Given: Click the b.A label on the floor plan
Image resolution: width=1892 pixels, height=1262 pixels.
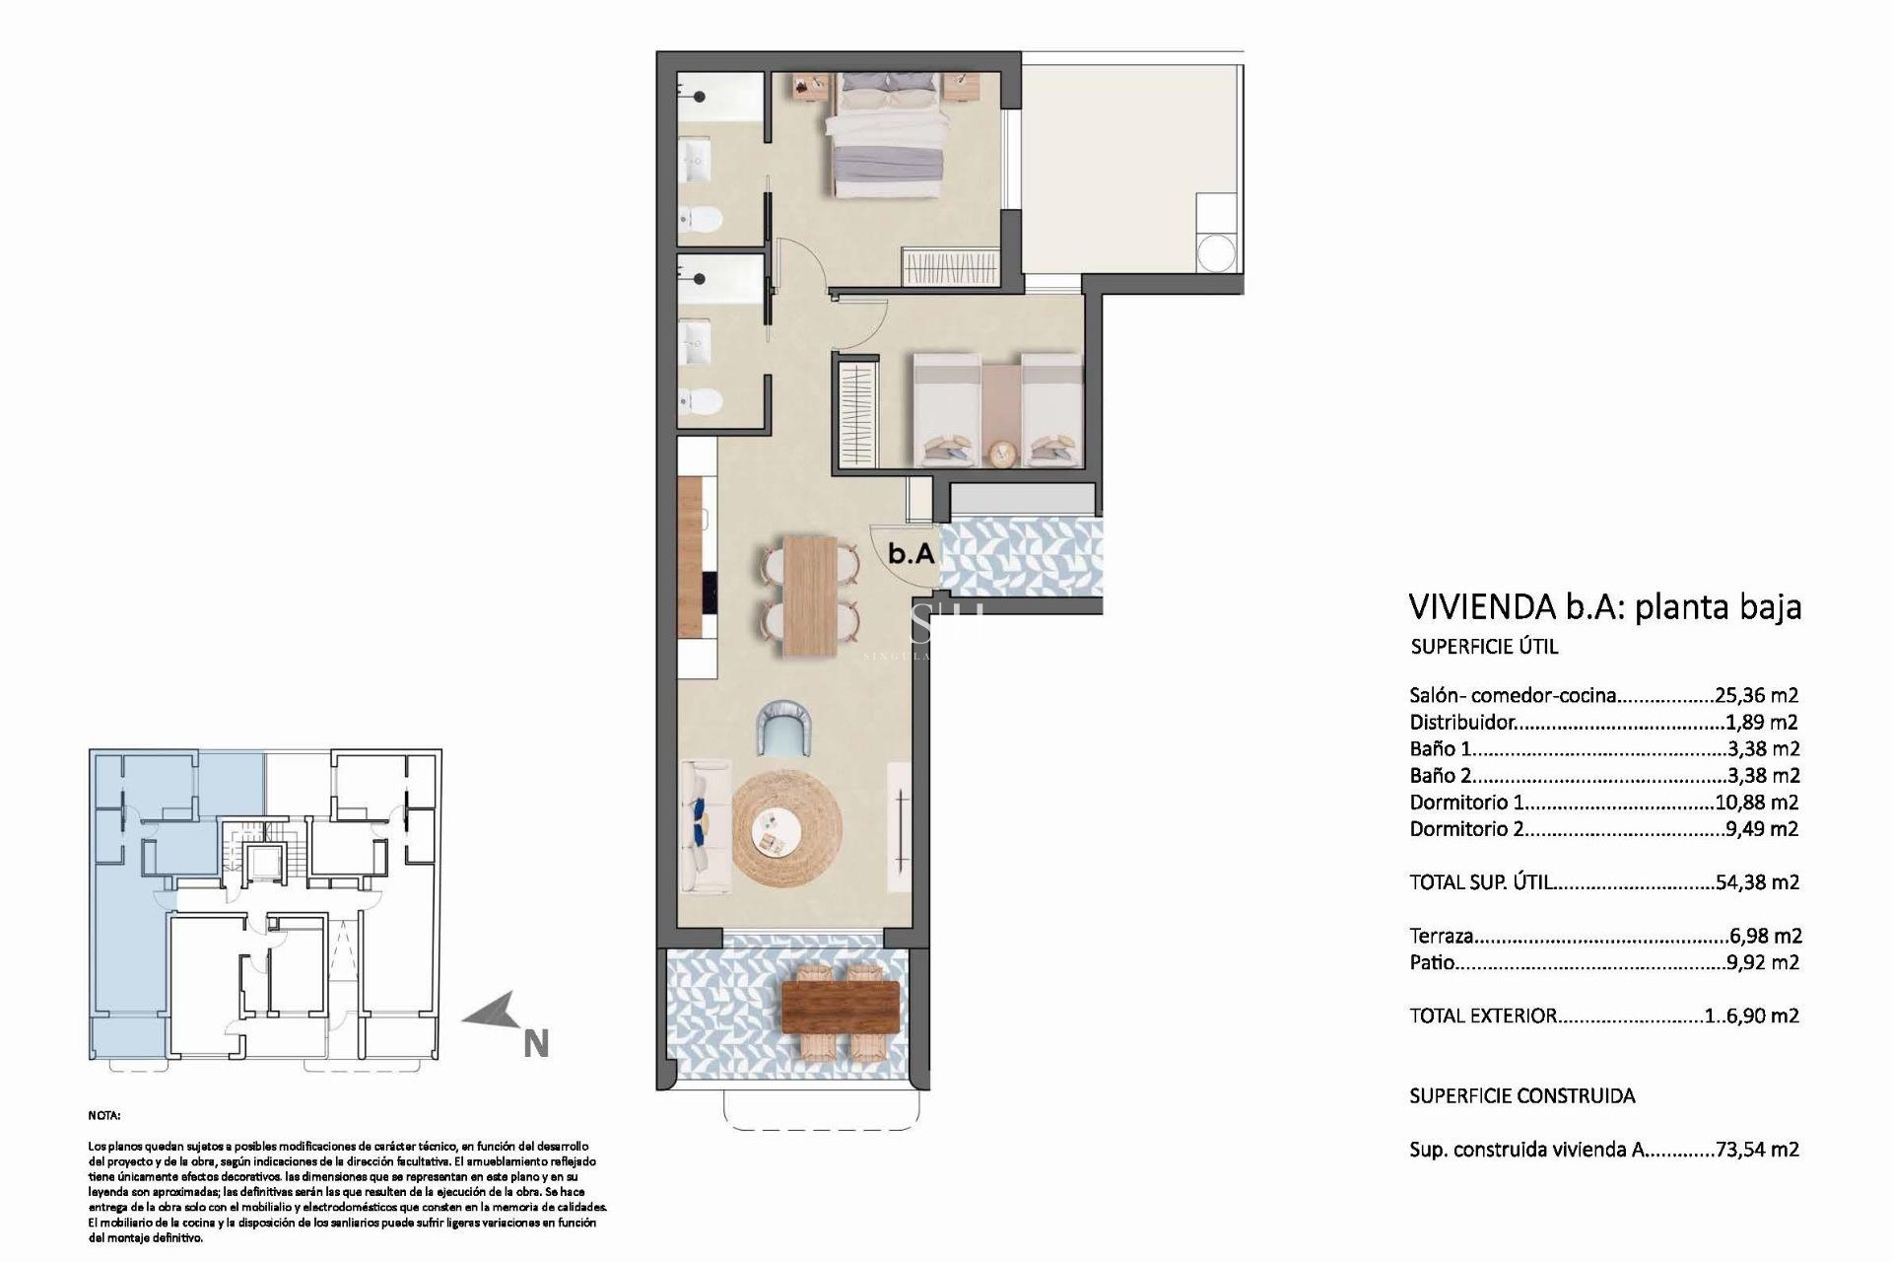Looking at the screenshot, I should point(911,554).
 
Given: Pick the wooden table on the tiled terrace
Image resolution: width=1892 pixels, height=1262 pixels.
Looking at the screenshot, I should point(841,1006).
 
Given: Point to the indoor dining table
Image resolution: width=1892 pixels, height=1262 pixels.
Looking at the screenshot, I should point(810,596).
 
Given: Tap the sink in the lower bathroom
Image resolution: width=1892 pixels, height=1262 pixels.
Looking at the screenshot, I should point(698,338).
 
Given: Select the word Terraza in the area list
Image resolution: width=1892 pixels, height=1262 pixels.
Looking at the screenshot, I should point(1441,936).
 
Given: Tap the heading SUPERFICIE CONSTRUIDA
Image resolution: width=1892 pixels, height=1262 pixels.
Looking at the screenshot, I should point(1521,1095).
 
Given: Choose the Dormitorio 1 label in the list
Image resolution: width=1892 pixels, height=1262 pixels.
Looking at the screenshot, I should point(1458,803).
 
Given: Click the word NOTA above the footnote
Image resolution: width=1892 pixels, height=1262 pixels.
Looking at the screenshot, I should point(103,1116).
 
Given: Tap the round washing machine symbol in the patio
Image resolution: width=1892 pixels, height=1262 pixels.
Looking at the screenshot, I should point(1215,251).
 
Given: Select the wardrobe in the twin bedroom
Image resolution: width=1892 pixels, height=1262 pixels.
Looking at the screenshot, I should point(856,415).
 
